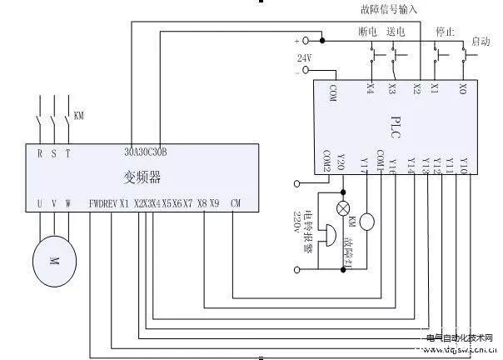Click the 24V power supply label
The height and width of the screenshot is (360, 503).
(304, 57)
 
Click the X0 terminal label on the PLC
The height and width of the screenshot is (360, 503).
(464, 88)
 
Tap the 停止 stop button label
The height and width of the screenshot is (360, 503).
(445, 31)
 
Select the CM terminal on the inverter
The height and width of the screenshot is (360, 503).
(237, 203)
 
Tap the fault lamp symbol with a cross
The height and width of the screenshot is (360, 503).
(341, 209)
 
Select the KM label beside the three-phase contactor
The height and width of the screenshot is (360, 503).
(79, 115)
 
